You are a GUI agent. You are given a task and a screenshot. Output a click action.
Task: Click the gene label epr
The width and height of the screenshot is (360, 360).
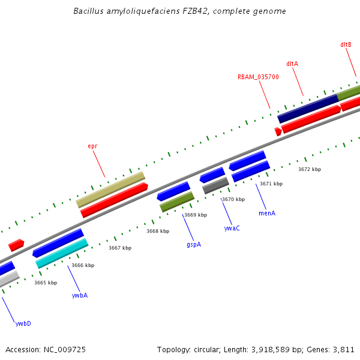point(92,146)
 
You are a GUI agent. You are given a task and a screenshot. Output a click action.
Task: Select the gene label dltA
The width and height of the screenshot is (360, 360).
point(292,64)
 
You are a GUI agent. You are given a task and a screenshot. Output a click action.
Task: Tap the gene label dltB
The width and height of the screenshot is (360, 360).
point(346,44)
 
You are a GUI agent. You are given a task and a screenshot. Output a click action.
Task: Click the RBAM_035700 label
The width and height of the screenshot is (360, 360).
point(258,77)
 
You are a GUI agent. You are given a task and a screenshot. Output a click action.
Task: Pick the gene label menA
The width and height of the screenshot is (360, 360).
point(267,213)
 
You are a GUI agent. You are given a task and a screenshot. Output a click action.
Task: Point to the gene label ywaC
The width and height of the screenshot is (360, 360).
point(232,228)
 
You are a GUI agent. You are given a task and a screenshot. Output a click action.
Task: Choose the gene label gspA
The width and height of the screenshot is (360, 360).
point(194,244)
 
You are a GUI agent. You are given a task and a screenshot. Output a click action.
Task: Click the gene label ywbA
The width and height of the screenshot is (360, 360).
point(80,295)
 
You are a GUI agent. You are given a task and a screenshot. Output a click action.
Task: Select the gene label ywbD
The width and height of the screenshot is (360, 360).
point(23,323)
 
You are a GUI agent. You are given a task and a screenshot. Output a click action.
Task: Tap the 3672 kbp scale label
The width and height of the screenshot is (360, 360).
point(310,169)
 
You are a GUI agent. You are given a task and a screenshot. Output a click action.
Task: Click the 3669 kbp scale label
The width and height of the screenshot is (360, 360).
point(196,215)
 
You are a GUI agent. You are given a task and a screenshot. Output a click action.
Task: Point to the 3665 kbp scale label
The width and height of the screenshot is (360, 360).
point(46,283)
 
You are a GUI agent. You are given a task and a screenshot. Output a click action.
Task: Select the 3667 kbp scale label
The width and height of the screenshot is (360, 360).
point(120,248)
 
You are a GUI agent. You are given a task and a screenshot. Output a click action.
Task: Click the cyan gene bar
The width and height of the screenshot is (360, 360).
point(62,253)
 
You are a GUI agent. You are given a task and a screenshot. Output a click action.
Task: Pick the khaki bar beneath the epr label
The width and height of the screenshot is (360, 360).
point(111,190)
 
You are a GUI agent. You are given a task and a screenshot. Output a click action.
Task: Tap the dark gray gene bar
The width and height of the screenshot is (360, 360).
point(215,185)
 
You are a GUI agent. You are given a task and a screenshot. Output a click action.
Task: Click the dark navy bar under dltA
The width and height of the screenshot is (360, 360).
point(308,108)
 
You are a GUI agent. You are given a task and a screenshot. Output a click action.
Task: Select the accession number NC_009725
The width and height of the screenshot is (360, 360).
point(66,349)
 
